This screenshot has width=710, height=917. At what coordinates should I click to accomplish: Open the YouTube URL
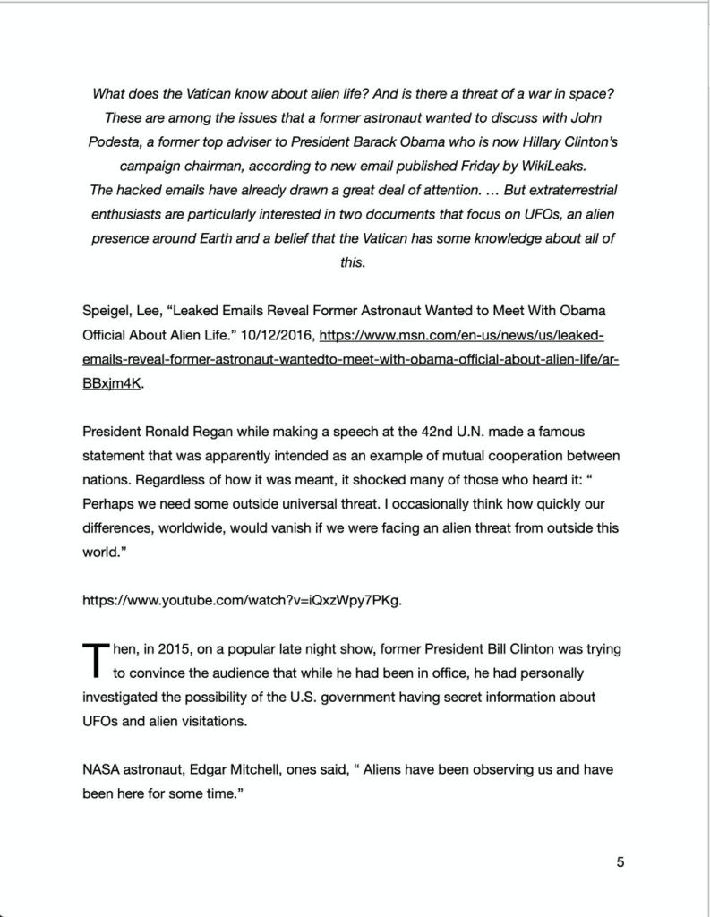(242, 600)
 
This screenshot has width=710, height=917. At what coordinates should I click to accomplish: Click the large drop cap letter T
(94, 659)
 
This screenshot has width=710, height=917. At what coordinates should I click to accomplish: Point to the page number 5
(620, 862)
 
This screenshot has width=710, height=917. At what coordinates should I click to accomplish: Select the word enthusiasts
(131, 215)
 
